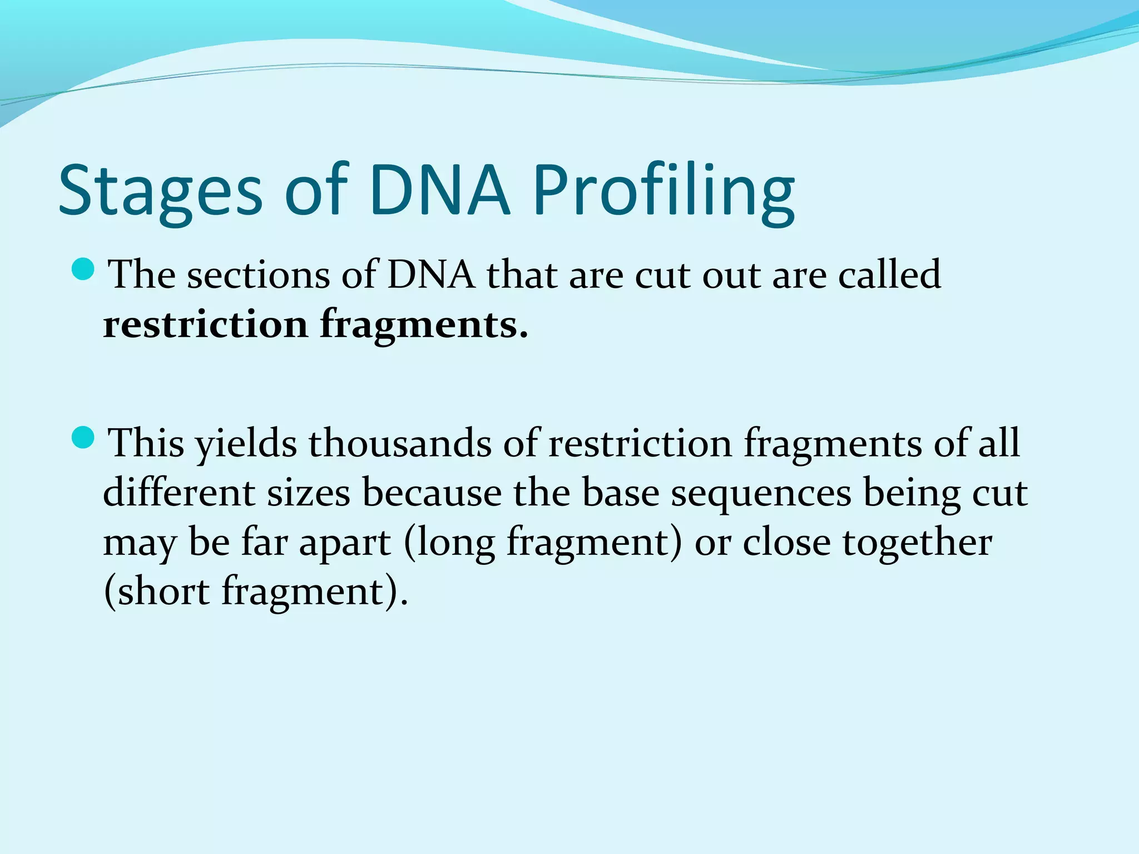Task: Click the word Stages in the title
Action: pyautogui.click(x=160, y=192)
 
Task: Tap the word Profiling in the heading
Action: pyautogui.click(x=664, y=192)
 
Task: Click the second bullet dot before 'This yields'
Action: pyautogui.click(x=84, y=438)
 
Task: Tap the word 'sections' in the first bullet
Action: pyautogui.click(x=258, y=275)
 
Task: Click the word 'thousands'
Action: pyautogui.click(x=400, y=443)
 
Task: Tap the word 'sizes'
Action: pyautogui.click(x=309, y=494)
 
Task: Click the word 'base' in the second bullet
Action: pyautogui.click(x=620, y=493)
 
